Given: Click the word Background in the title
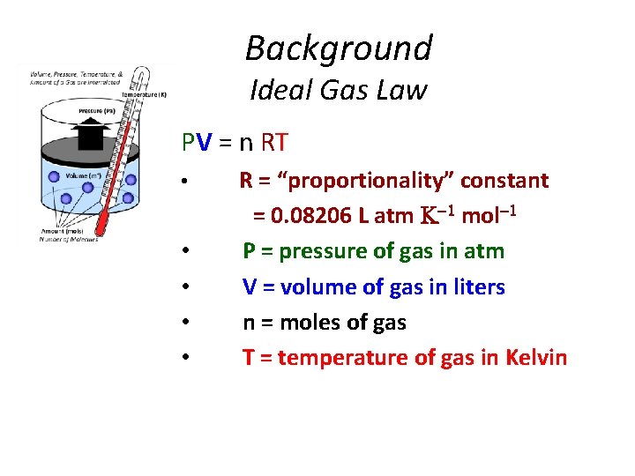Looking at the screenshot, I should click(339, 48).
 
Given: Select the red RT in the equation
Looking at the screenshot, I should click(273, 142).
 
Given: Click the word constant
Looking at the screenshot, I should click(504, 181).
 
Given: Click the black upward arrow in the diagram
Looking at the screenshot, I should click(90, 134).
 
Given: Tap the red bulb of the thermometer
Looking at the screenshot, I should click(104, 228).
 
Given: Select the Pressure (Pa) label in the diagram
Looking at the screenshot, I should click(96, 112).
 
